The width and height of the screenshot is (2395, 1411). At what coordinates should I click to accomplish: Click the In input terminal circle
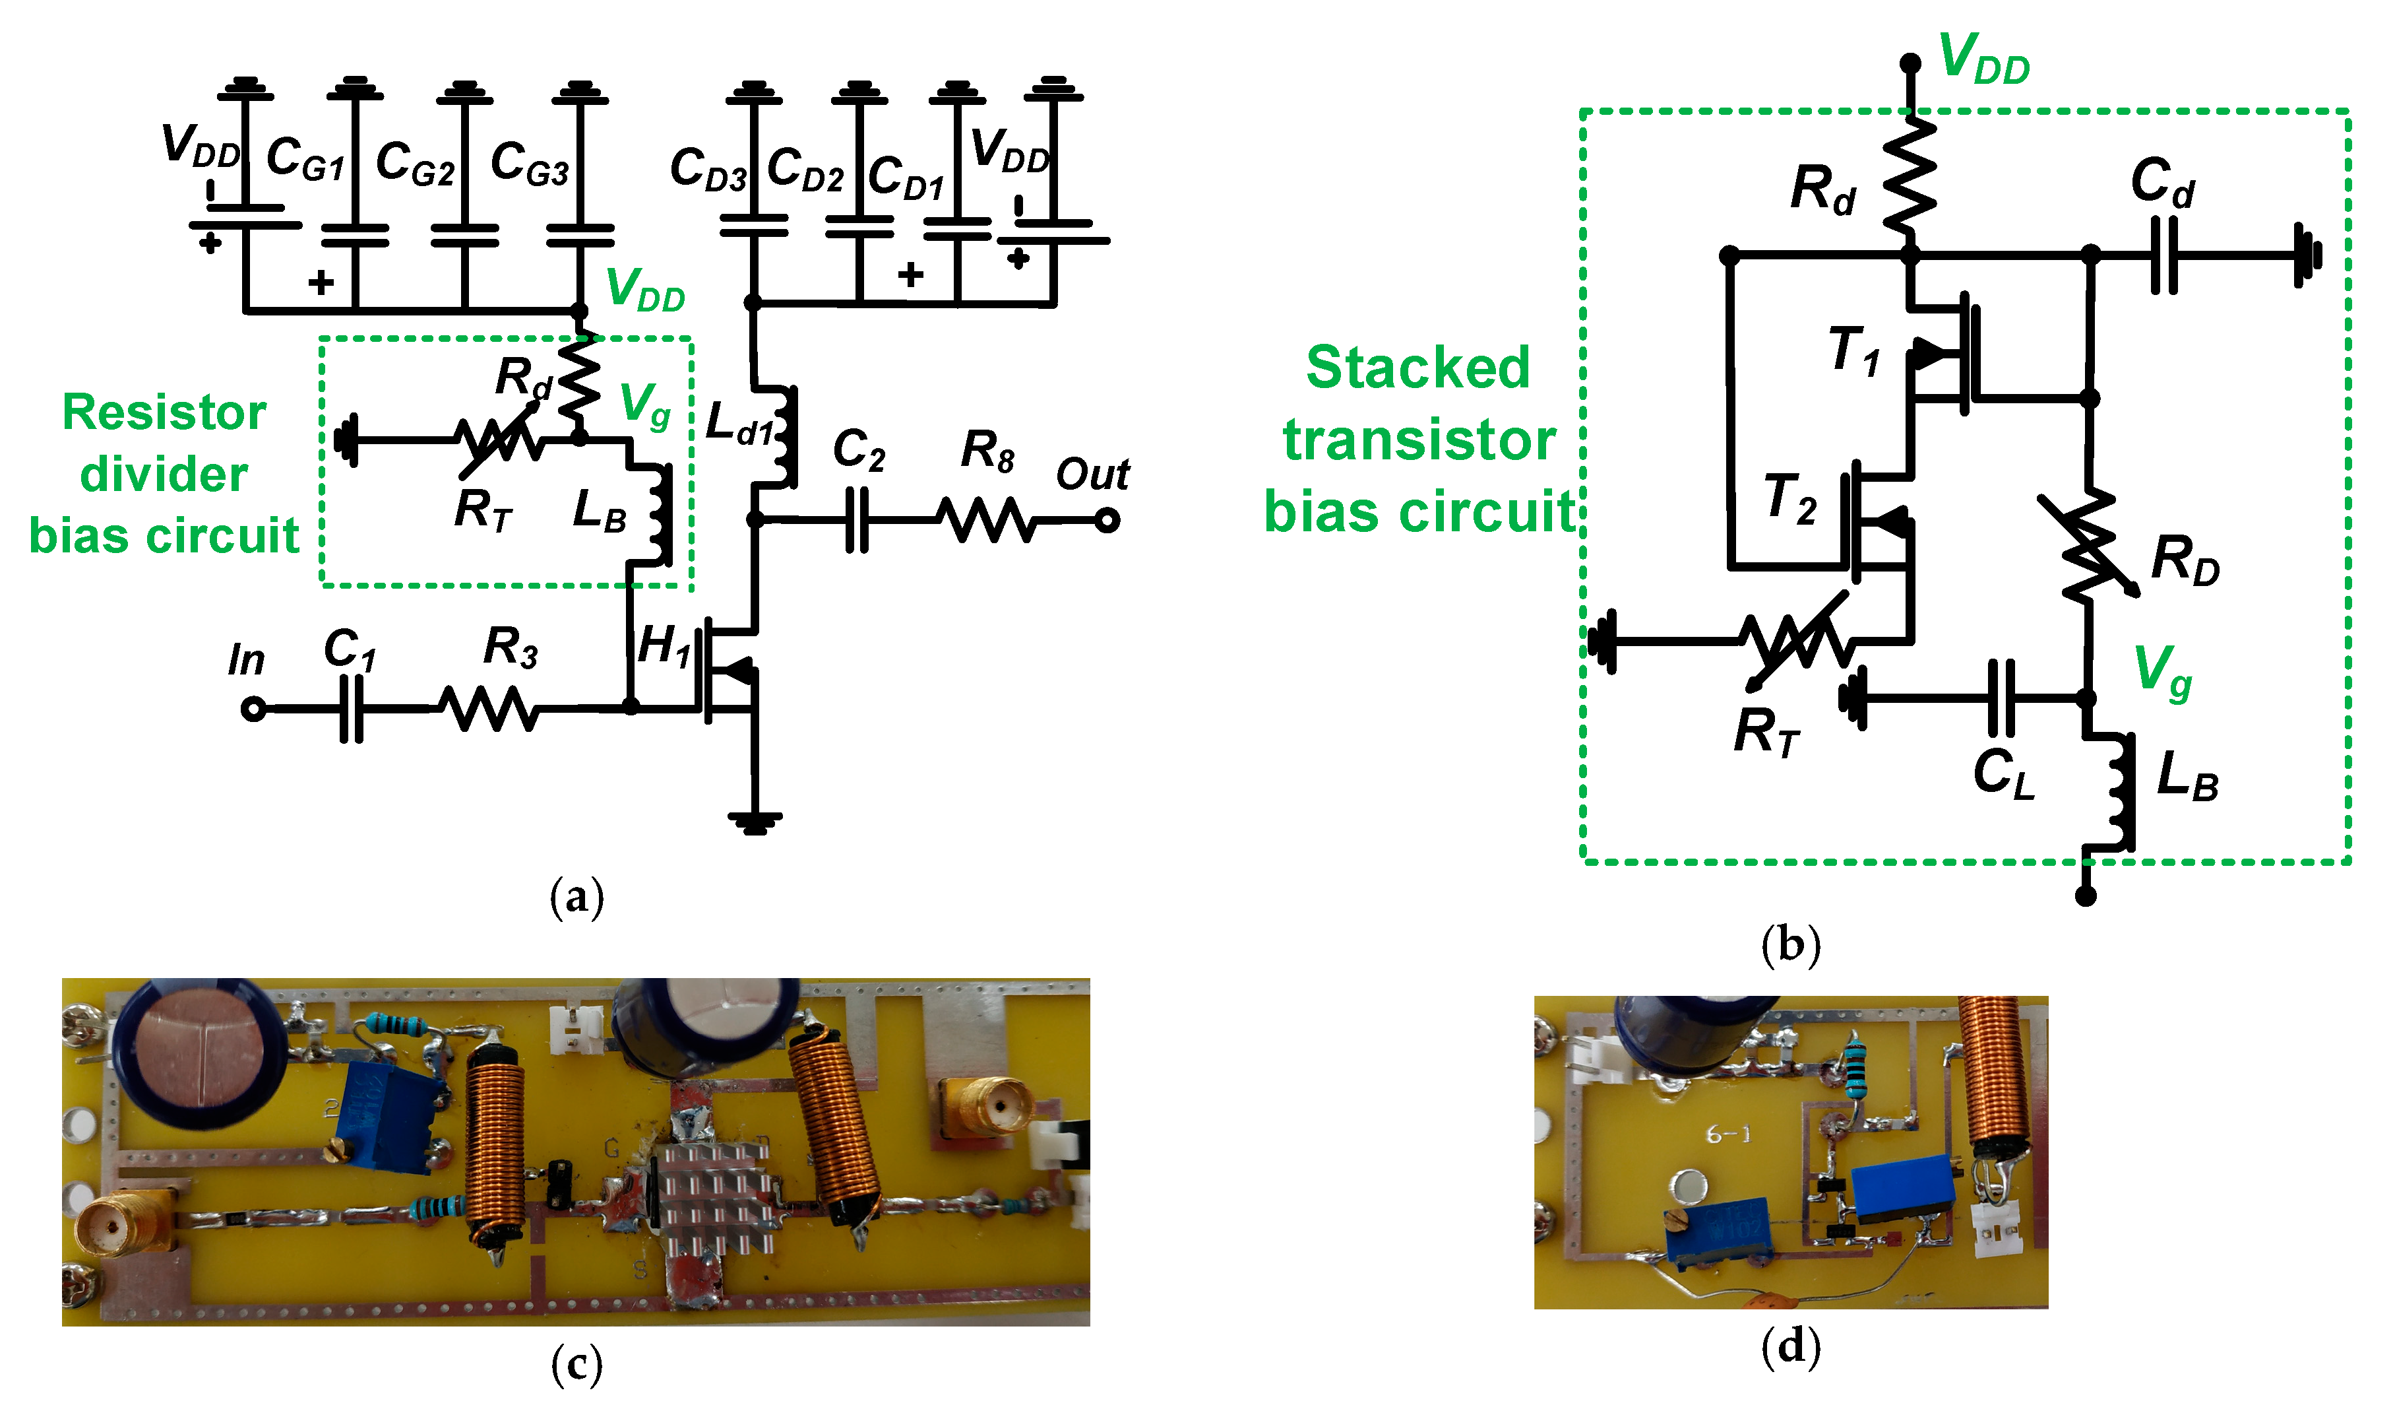pos(253,709)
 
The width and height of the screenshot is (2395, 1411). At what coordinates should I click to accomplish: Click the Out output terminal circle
pos(1107,520)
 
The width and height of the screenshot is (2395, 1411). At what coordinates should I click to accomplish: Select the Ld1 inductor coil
pos(785,438)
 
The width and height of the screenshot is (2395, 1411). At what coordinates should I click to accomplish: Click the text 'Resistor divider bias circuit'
pos(164,473)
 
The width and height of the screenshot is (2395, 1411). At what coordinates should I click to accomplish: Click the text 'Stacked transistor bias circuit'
pos(1418,440)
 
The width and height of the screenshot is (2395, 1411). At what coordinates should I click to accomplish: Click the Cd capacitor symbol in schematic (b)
pos(2164,255)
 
